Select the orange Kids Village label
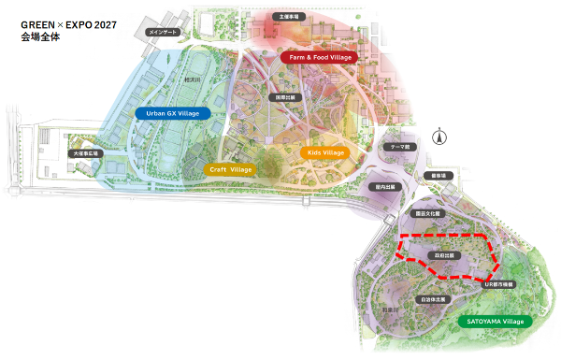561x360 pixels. point(324,151)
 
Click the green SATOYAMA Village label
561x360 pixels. point(495,321)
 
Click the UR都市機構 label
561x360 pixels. point(501,282)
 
